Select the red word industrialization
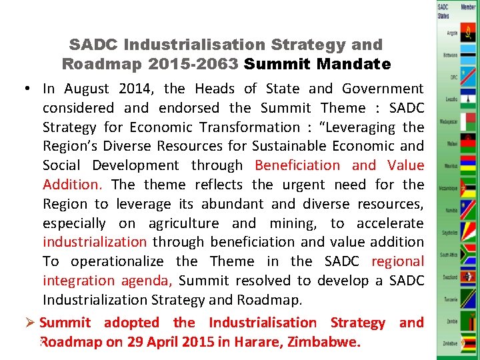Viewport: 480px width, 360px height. (x=95, y=242)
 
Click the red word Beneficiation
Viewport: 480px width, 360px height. (x=297, y=165)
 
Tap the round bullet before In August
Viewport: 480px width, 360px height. (x=31, y=89)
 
